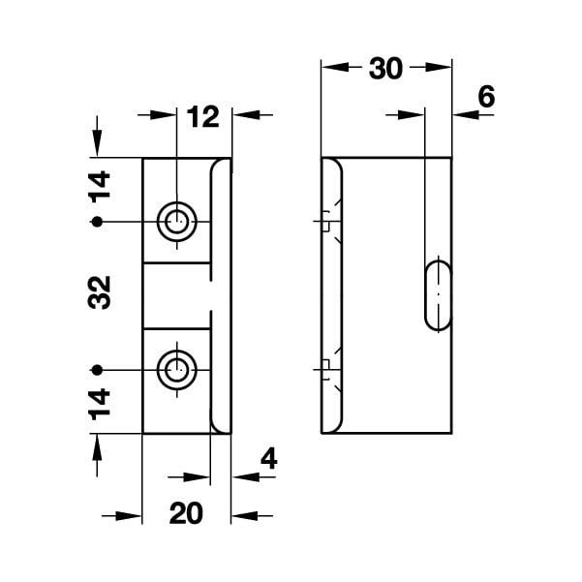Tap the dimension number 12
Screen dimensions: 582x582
[x=202, y=117]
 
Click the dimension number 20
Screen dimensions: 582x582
[x=186, y=514]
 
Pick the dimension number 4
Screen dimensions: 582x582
[x=269, y=457]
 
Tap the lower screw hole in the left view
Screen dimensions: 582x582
[x=176, y=369]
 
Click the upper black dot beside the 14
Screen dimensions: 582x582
[x=96, y=223]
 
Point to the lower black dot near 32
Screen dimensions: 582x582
[x=96, y=369]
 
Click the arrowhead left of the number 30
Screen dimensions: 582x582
[x=330, y=70]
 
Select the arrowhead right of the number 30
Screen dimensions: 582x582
[x=444, y=70]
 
